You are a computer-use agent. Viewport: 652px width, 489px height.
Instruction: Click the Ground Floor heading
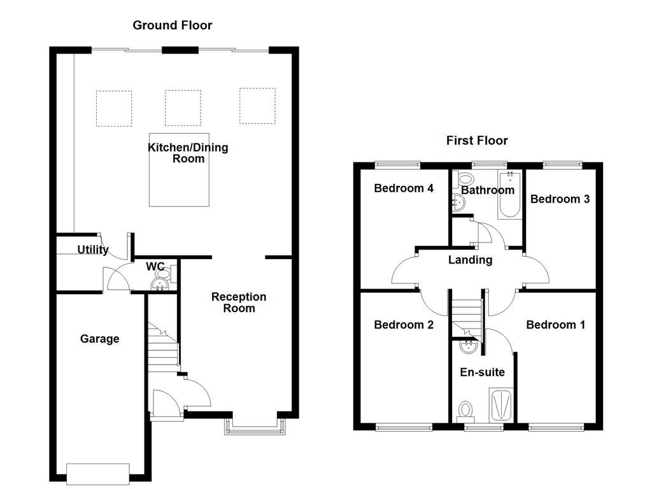click(172, 25)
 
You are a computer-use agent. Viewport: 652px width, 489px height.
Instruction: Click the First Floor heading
click(477, 141)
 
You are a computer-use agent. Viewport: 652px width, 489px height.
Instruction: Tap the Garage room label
click(99, 339)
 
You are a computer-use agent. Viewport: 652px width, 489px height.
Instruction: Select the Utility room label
click(93, 250)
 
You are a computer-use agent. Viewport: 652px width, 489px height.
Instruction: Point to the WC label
click(155, 266)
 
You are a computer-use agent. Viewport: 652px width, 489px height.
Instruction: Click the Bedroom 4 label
click(404, 188)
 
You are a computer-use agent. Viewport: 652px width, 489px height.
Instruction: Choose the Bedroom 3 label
click(560, 199)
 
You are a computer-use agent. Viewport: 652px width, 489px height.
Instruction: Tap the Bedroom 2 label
click(404, 325)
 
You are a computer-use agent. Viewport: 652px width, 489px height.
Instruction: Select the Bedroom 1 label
click(555, 325)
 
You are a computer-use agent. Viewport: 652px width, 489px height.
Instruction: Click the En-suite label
click(482, 372)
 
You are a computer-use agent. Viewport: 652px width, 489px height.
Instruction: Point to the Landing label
click(470, 260)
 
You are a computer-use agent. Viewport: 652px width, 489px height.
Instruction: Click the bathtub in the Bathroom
click(509, 196)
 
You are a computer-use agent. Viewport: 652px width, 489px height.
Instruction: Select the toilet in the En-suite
click(465, 409)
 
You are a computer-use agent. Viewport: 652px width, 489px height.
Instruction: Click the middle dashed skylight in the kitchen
click(183, 108)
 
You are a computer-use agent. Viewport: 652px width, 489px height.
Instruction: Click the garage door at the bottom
click(98, 472)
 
